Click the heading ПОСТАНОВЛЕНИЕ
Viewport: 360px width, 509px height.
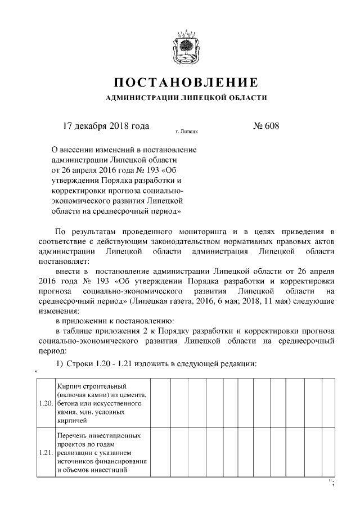186,83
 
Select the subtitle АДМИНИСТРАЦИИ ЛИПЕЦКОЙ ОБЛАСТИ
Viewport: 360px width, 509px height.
186,98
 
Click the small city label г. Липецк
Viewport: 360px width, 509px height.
186,133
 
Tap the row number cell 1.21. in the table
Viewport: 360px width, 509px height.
46,453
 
